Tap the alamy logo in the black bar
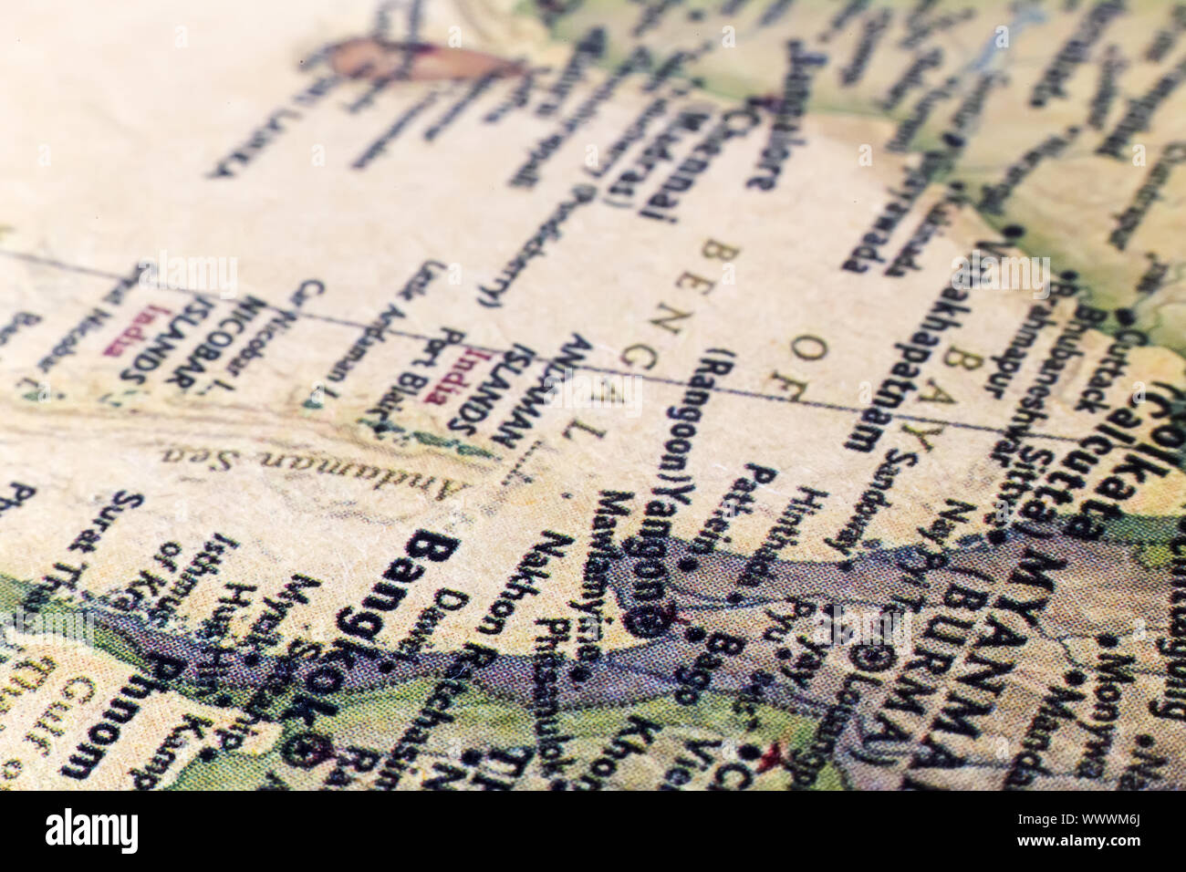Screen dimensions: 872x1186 tap(91, 830)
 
